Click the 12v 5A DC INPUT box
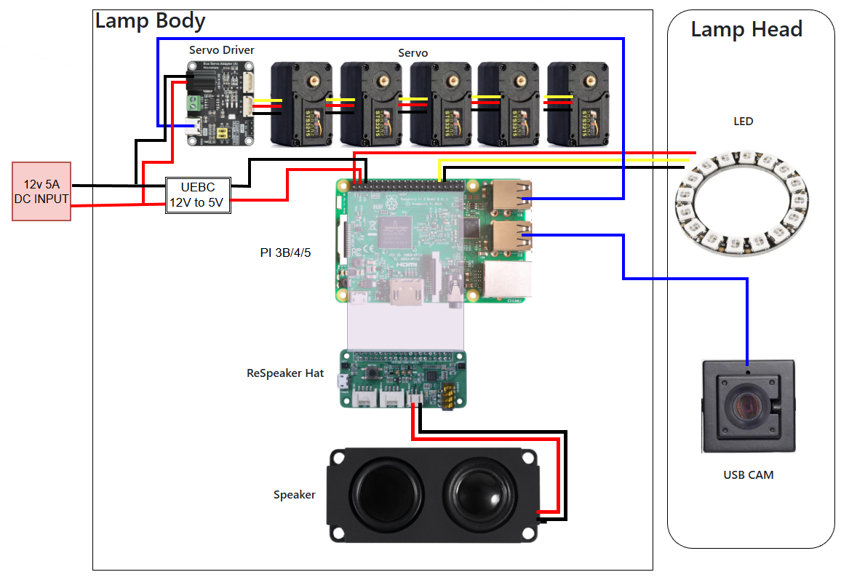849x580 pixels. click(41, 191)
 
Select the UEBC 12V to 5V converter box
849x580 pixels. click(198, 195)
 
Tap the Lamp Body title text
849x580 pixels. click(150, 20)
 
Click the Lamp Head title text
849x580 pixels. click(746, 30)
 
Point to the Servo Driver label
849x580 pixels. click(221, 50)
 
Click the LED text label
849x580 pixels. click(743, 122)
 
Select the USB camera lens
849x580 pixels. click(746, 404)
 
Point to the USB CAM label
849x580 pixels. click(748, 475)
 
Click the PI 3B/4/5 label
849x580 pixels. click(285, 253)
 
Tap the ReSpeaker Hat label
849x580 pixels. click(284, 373)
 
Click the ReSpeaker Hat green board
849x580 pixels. click(403, 378)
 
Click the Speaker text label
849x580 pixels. click(294, 495)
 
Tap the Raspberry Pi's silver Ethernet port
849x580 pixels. click(507, 281)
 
